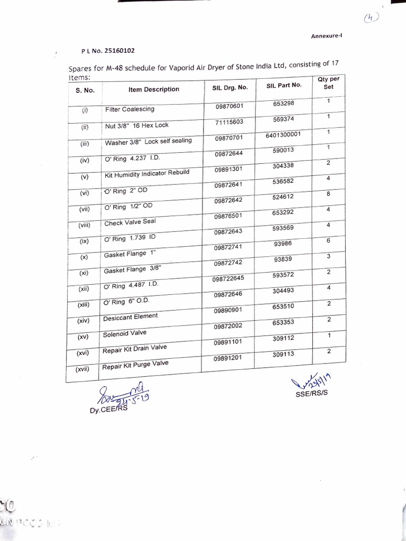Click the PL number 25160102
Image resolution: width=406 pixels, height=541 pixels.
[108, 51]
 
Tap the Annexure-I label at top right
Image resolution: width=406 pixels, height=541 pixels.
[326, 35]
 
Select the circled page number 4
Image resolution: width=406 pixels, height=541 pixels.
[372, 18]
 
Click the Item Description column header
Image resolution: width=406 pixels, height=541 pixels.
[154, 89]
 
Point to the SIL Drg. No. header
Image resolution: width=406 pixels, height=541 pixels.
[226, 87]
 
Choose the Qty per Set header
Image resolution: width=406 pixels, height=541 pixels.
[328, 83]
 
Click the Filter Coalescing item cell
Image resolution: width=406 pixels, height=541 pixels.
[130, 109]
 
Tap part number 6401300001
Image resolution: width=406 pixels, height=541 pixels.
[283, 134]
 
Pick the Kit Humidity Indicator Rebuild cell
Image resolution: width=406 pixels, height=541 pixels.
[139, 173]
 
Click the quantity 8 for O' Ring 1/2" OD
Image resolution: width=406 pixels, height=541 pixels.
[328, 194]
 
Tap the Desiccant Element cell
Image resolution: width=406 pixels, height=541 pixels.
[130, 316]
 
